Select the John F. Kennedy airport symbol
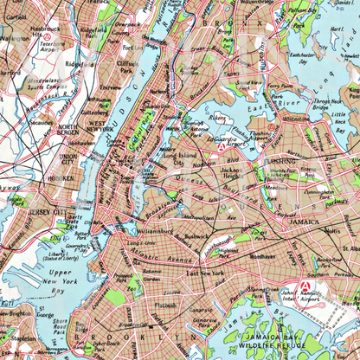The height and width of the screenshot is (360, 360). click(x=305, y=286)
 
